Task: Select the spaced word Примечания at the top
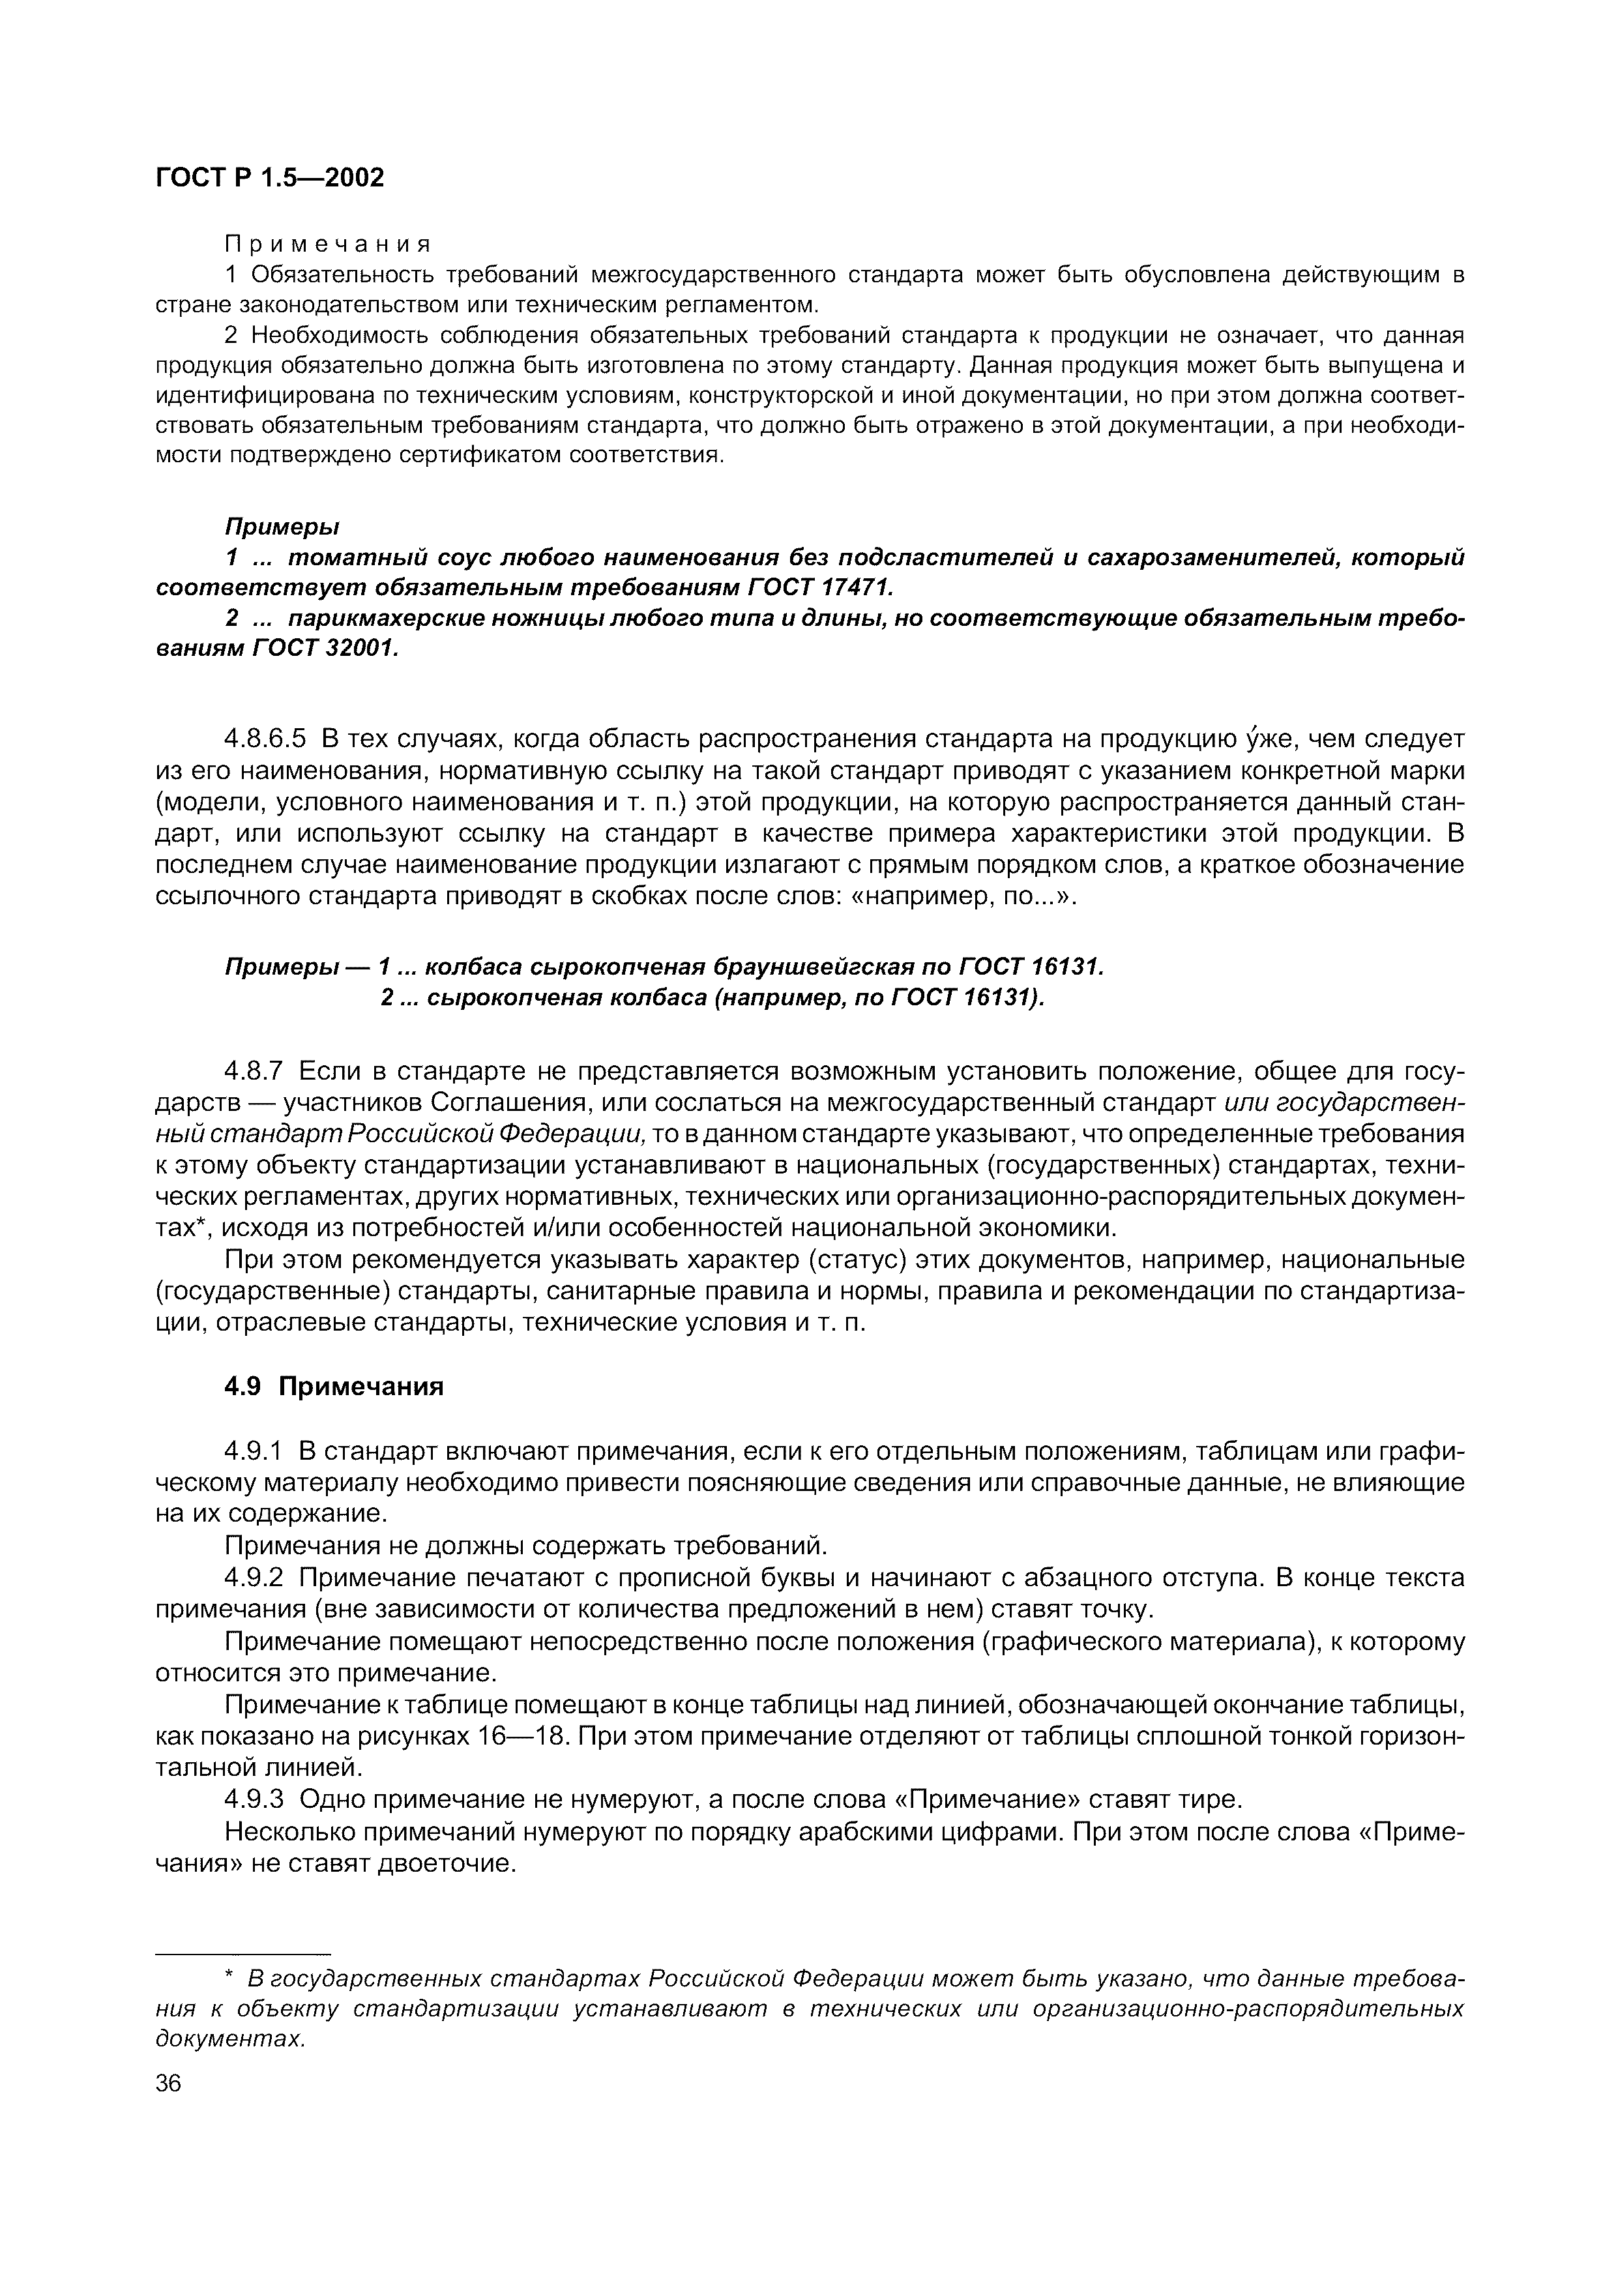[329, 244]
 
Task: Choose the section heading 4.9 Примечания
[334, 1387]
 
